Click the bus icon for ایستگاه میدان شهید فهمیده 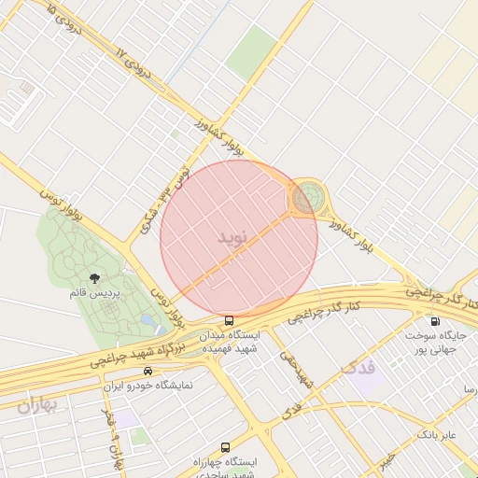point(230,320)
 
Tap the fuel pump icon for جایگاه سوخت point(435,321)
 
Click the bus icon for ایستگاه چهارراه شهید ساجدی point(225,447)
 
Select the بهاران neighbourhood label point(36,404)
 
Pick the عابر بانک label point(435,434)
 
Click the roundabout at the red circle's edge point(304,198)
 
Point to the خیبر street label point(386,461)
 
